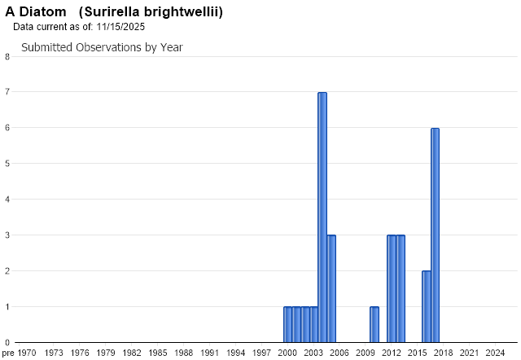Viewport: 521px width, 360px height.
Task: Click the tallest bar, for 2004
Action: click(x=322, y=217)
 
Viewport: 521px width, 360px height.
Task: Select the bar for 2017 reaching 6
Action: click(x=436, y=235)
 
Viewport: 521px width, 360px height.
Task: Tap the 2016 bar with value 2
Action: click(x=427, y=307)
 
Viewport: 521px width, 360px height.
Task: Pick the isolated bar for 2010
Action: click(x=374, y=325)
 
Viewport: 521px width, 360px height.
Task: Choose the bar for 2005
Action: click(x=331, y=289)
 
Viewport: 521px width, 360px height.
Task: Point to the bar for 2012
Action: click(x=392, y=289)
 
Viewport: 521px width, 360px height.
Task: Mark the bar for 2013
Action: click(x=401, y=289)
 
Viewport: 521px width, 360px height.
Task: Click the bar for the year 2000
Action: click(x=287, y=325)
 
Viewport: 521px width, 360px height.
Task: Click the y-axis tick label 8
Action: click(x=7, y=56)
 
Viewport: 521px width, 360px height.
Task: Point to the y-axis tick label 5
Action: click(x=7, y=164)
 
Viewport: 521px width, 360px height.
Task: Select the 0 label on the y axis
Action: click(x=7, y=343)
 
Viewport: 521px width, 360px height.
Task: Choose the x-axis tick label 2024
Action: click(x=495, y=353)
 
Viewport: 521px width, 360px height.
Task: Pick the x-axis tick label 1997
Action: click(x=262, y=353)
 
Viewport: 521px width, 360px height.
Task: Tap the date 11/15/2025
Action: click(x=120, y=27)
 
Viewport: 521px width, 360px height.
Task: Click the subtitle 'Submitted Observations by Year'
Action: click(x=102, y=47)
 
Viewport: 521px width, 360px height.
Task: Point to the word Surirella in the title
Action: click(x=109, y=12)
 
